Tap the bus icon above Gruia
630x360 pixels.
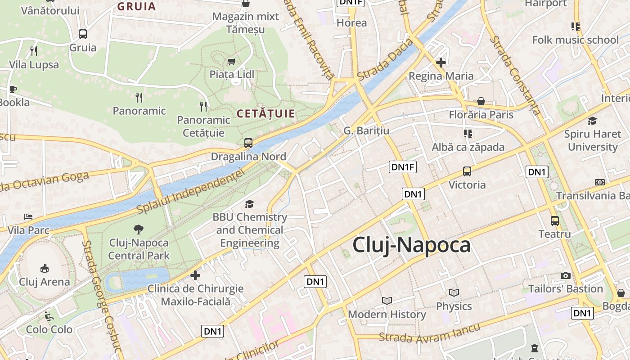pos(83,34)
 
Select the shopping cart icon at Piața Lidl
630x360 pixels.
pos(232,61)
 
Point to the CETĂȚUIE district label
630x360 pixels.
pos(265,113)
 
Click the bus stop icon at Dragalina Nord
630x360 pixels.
pos(248,143)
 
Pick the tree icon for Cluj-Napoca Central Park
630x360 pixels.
pos(139,229)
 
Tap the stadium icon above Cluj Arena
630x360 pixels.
pos(44,268)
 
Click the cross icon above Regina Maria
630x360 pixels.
pos(441,63)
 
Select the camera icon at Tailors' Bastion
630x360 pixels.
pos(566,275)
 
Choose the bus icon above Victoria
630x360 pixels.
pos(467,171)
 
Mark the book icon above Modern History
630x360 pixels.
pos(387,301)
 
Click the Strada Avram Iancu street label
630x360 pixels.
pos(429,334)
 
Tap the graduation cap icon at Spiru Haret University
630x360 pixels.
pos(592,121)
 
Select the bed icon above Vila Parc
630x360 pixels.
pos(28,217)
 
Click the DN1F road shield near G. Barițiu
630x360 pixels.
pos(403,167)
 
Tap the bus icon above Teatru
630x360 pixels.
pos(555,220)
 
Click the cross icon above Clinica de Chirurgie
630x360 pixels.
pos(195,275)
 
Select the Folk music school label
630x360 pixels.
pos(576,40)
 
